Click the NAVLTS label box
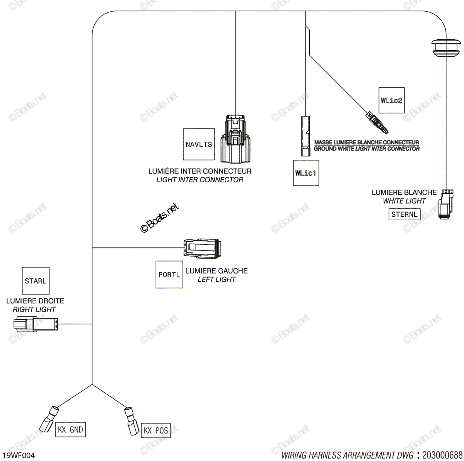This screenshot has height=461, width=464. (x=199, y=144)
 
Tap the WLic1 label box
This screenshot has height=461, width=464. (x=306, y=173)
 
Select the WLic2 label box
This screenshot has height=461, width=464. (x=391, y=100)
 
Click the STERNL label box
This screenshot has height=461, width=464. (x=404, y=214)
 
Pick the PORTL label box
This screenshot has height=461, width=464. (x=169, y=274)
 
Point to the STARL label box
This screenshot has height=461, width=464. (x=36, y=280)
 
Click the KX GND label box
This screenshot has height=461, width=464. (x=70, y=429)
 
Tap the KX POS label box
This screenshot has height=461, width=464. (x=155, y=430)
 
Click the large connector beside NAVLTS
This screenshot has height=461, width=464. (x=235, y=139)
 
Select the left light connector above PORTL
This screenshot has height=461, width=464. (x=202, y=248)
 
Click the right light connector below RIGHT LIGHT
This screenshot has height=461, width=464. (x=36, y=324)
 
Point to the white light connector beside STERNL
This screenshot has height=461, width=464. (x=446, y=204)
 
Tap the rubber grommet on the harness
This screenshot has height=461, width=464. (x=446, y=48)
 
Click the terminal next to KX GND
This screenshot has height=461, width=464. (x=49, y=419)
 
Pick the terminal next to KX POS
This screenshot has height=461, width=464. (x=131, y=421)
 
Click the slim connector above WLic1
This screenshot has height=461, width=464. (x=305, y=136)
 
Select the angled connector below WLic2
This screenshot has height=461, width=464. (x=377, y=122)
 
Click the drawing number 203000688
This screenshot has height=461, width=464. (x=442, y=455)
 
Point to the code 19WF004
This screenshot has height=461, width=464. (x=19, y=455)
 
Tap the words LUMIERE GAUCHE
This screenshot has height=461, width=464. (x=217, y=271)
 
